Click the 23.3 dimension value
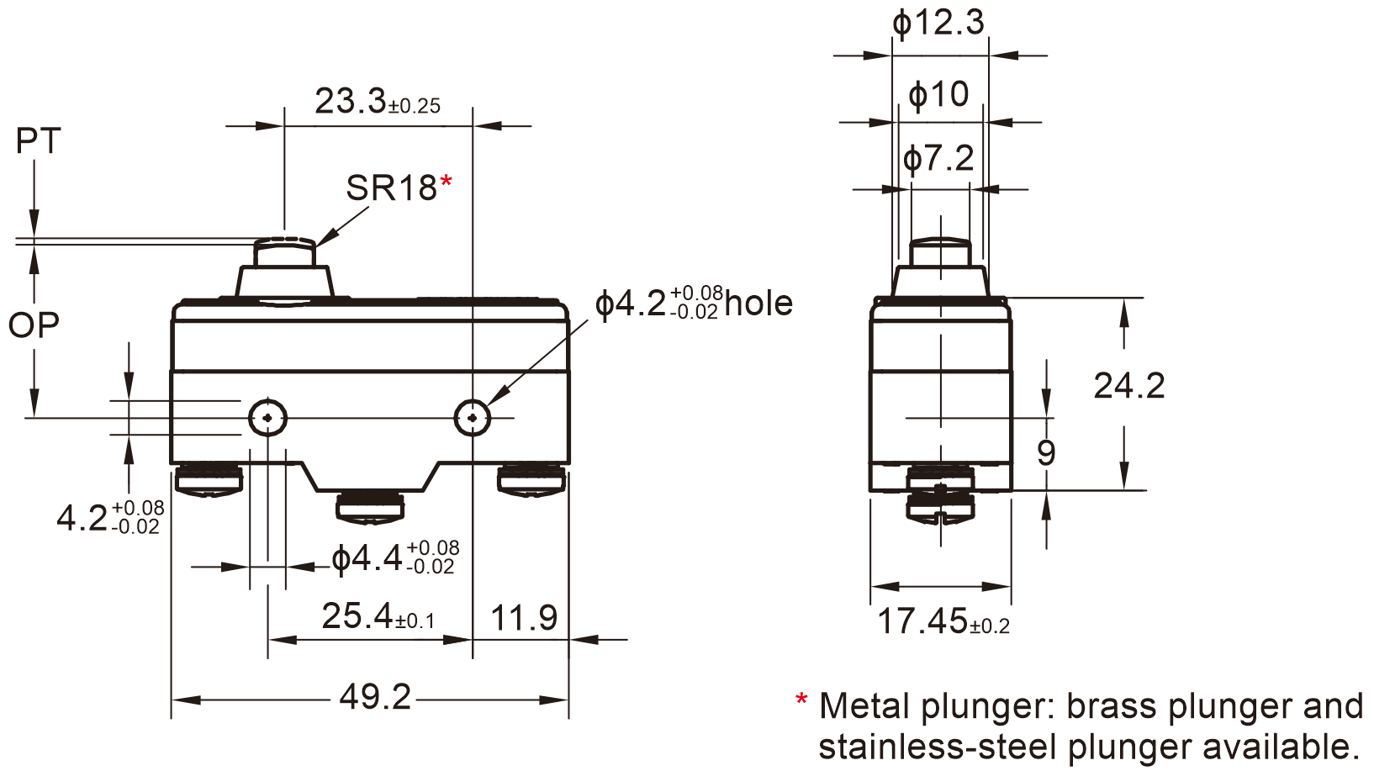click(x=350, y=102)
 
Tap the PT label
click(x=39, y=141)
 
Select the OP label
click(x=34, y=325)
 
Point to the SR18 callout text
click(x=391, y=188)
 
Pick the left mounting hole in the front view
click(x=268, y=417)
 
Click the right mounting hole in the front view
click(x=473, y=417)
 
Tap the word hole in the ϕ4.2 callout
click(x=758, y=304)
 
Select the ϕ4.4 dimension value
click(x=367, y=558)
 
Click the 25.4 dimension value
click(x=357, y=616)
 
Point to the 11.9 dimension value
click(x=523, y=618)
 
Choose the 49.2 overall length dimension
click(x=375, y=697)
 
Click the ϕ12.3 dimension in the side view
click(x=938, y=23)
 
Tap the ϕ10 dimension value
click(x=938, y=94)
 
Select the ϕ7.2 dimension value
click(x=938, y=158)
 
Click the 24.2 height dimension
click(x=1128, y=386)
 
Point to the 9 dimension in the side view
click(x=1046, y=453)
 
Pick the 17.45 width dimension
click(x=922, y=621)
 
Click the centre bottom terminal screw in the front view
click(x=370, y=507)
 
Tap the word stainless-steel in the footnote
click(x=937, y=747)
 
